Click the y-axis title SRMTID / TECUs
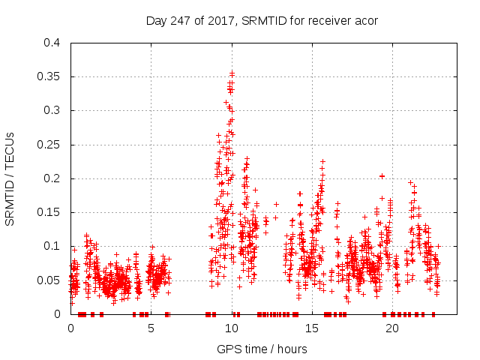10,178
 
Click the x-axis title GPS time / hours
262,349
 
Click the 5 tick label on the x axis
151,328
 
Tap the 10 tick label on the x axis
232,328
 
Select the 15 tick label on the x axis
312,328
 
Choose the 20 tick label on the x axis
392,328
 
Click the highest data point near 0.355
232,73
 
